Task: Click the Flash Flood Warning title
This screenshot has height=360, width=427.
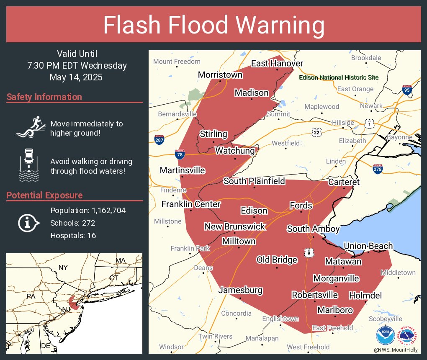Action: pos(213,25)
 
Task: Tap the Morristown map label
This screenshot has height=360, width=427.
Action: pos(220,75)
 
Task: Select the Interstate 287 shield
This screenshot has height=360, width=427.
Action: pos(159,140)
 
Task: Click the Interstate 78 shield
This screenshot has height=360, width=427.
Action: pos(180,154)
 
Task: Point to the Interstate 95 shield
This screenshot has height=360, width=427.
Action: pos(407,90)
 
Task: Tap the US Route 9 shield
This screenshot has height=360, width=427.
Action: pos(309,253)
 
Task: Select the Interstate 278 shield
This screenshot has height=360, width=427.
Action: pos(377,169)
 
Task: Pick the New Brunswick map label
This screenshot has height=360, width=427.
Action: pos(234,226)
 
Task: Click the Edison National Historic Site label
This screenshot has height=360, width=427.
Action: pos(339,78)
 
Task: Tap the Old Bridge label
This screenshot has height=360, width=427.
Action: pos(277,260)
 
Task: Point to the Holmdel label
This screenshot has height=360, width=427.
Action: pos(365,296)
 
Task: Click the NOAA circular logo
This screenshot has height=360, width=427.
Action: pos(385,335)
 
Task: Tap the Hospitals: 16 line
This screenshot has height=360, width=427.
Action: pos(73,235)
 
